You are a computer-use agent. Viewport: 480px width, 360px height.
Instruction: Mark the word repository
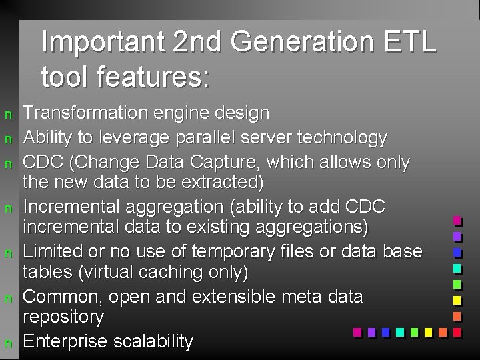click(x=63, y=317)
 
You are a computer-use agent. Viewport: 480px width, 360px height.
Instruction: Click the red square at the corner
click(x=457, y=331)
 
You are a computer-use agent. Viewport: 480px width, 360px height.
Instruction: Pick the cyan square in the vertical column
click(x=457, y=268)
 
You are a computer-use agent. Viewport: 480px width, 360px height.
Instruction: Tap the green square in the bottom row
click(x=414, y=331)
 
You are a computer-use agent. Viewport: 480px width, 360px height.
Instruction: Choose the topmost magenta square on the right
click(x=457, y=220)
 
